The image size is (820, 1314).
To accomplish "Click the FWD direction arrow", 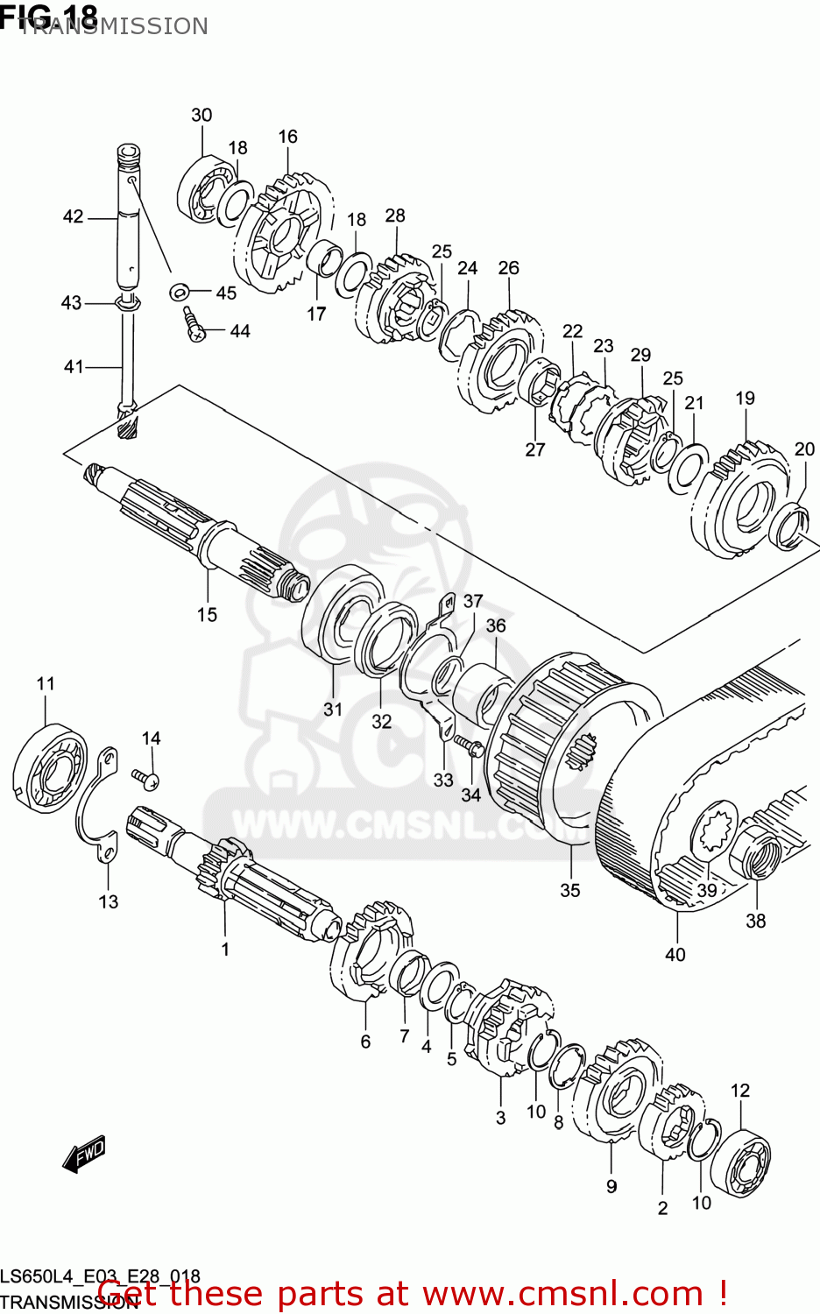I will pos(84,1154).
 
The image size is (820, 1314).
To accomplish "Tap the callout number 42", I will pos(74,216).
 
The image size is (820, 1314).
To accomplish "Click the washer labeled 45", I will pos(180,291).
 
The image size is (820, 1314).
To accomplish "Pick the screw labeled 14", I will pos(145,776).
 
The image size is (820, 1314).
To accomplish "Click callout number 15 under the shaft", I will pos(207,615).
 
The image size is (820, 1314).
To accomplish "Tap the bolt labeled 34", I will pos(470,745).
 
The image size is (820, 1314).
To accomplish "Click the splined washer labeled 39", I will pos(714,830).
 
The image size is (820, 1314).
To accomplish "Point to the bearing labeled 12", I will pos(740,1159).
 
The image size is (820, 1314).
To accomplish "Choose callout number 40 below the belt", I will pos(675,954).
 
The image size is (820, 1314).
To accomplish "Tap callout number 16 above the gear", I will pos(288,137).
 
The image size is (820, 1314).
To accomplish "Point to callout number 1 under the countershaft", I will pos(225,949).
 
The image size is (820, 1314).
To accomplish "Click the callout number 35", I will pos(570,890).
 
